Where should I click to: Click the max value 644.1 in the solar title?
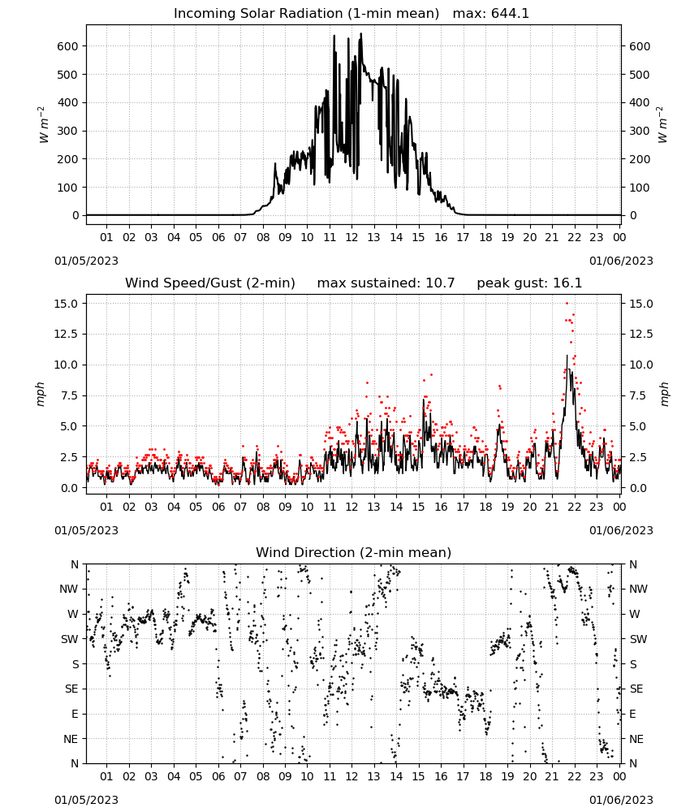click(510, 14)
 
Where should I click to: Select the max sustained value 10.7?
click(440, 283)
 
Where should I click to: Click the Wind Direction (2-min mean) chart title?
click(354, 552)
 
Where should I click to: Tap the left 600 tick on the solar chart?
click(68, 46)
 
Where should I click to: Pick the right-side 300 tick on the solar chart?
click(640, 131)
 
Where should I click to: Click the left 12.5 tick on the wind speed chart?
click(66, 334)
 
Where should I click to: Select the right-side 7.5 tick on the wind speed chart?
click(638, 395)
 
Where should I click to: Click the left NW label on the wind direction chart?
click(69, 590)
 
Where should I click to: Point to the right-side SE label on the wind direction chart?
click(636, 689)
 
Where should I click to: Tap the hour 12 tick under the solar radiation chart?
click(351, 237)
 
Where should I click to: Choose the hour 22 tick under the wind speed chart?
click(574, 507)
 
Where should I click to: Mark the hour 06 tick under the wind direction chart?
click(218, 776)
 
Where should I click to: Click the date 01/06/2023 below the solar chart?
click(621, 261)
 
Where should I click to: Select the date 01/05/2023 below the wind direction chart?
click(86, 800)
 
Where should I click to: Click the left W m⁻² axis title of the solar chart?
click(43, 125)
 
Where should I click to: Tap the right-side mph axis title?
click(664, 394)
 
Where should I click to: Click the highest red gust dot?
click(567, 304)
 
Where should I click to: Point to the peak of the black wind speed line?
click(567, 356)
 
